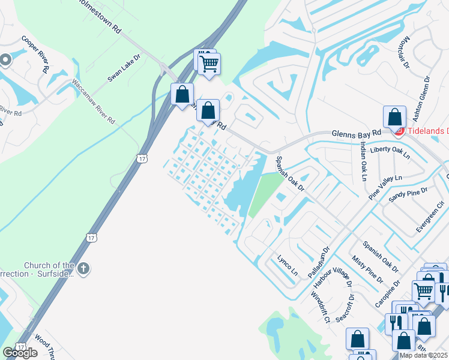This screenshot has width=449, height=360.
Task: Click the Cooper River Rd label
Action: coord(35,55)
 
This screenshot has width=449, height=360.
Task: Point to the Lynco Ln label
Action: coord(287,264)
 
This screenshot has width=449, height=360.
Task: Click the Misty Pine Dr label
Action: coord(367,268)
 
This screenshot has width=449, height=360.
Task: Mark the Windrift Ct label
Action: coord(321,307)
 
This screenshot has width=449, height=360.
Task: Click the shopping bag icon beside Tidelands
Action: coord(395,116)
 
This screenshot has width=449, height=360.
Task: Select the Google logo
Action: coord(20,352)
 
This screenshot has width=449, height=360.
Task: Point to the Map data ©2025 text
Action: coord(423,355)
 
